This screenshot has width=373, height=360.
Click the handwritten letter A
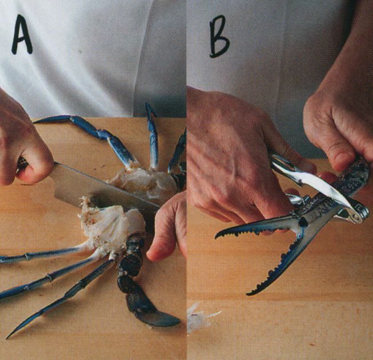click(x=22, y=35)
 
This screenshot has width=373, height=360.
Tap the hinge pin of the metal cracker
click(x=356, y=216)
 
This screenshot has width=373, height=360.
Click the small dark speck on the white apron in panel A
click(x=81, y=51)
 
